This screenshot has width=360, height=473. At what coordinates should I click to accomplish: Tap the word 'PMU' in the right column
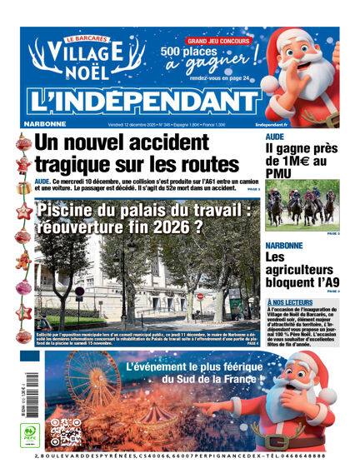(x=280, y=172)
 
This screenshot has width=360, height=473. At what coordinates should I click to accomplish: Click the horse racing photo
(x=302, y=205)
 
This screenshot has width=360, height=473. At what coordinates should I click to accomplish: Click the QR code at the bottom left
(x=65, y=433)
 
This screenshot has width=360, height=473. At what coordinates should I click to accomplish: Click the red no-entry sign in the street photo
(x=198, y=296)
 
